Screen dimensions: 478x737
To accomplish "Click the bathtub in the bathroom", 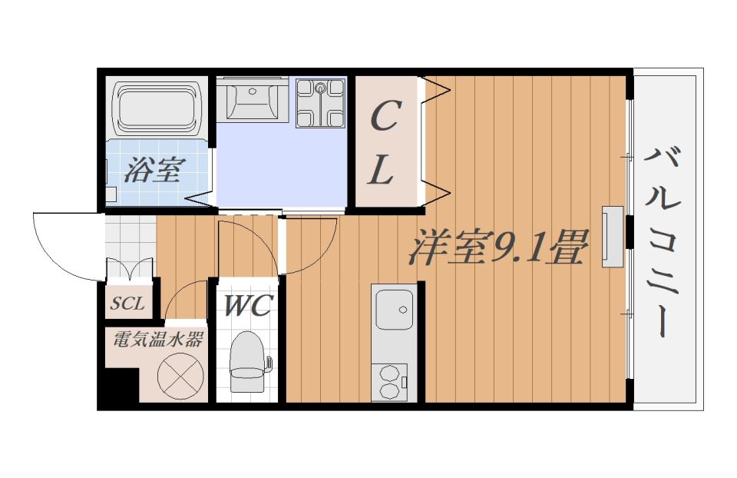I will pyautogui.click(x=157, y=108).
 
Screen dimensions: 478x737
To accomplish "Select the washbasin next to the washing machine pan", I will pyautogui.click(x=253, y=99).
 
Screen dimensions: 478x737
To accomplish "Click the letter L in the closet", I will pyautogui.click(x=381, y=170).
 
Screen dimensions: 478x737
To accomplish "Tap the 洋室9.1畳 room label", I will pyautogui.click(x=497, y=247).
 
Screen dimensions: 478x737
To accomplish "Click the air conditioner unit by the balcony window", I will pyautogui.click(x=613, y=236).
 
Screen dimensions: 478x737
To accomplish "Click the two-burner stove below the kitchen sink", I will pyautogui.click(x=393, y=381).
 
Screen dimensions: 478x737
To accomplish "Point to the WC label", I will pyautogui.click(x=247, y=306).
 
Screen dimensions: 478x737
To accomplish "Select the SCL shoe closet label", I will pyautogui.click(x=127, y=303).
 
